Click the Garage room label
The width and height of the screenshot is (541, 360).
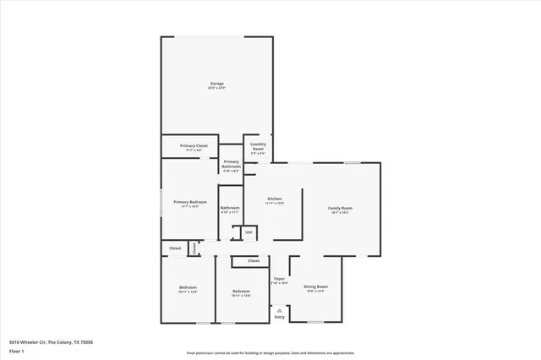click(217, 83)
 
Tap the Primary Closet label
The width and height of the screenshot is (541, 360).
click(194, 145)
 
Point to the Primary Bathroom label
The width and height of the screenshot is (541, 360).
click(231, 163)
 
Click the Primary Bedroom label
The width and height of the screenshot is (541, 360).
click(190, 202)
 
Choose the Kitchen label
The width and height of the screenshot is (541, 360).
click(275, 199)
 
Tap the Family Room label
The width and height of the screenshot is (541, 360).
click(340, 207)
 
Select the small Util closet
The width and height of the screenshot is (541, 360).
click(249, 232)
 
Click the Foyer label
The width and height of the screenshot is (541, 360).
click(279, 278)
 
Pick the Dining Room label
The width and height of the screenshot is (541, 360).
click(315, 286)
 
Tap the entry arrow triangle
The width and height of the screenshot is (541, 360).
click(280, 308)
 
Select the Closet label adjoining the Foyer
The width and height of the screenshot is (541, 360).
click(253, 261)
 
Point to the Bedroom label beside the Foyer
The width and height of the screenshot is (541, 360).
click(241, 291)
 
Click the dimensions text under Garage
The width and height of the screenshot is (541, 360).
click(217, 88)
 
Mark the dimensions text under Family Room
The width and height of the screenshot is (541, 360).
click(340, 212)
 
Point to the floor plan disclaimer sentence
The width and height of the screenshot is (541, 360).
click(270, 352)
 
